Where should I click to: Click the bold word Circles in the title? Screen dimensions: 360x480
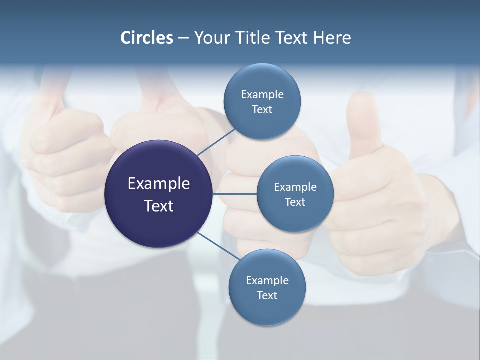146,37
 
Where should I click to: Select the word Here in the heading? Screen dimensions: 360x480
332,37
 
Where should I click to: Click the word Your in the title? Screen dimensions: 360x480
211,37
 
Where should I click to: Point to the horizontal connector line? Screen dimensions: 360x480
234,194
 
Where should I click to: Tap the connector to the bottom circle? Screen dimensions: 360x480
218,246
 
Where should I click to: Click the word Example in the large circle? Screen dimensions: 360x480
158,184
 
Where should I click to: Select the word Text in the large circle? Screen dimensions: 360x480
158,206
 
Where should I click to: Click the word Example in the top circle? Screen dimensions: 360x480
262,94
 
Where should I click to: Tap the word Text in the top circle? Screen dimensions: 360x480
262,110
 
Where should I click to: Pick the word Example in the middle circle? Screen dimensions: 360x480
295,187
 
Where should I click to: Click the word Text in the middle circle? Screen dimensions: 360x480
295,202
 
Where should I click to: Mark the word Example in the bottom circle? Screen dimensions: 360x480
267,280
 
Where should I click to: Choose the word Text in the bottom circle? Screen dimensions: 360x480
267,296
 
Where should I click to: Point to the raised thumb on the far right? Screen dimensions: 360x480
362,117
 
